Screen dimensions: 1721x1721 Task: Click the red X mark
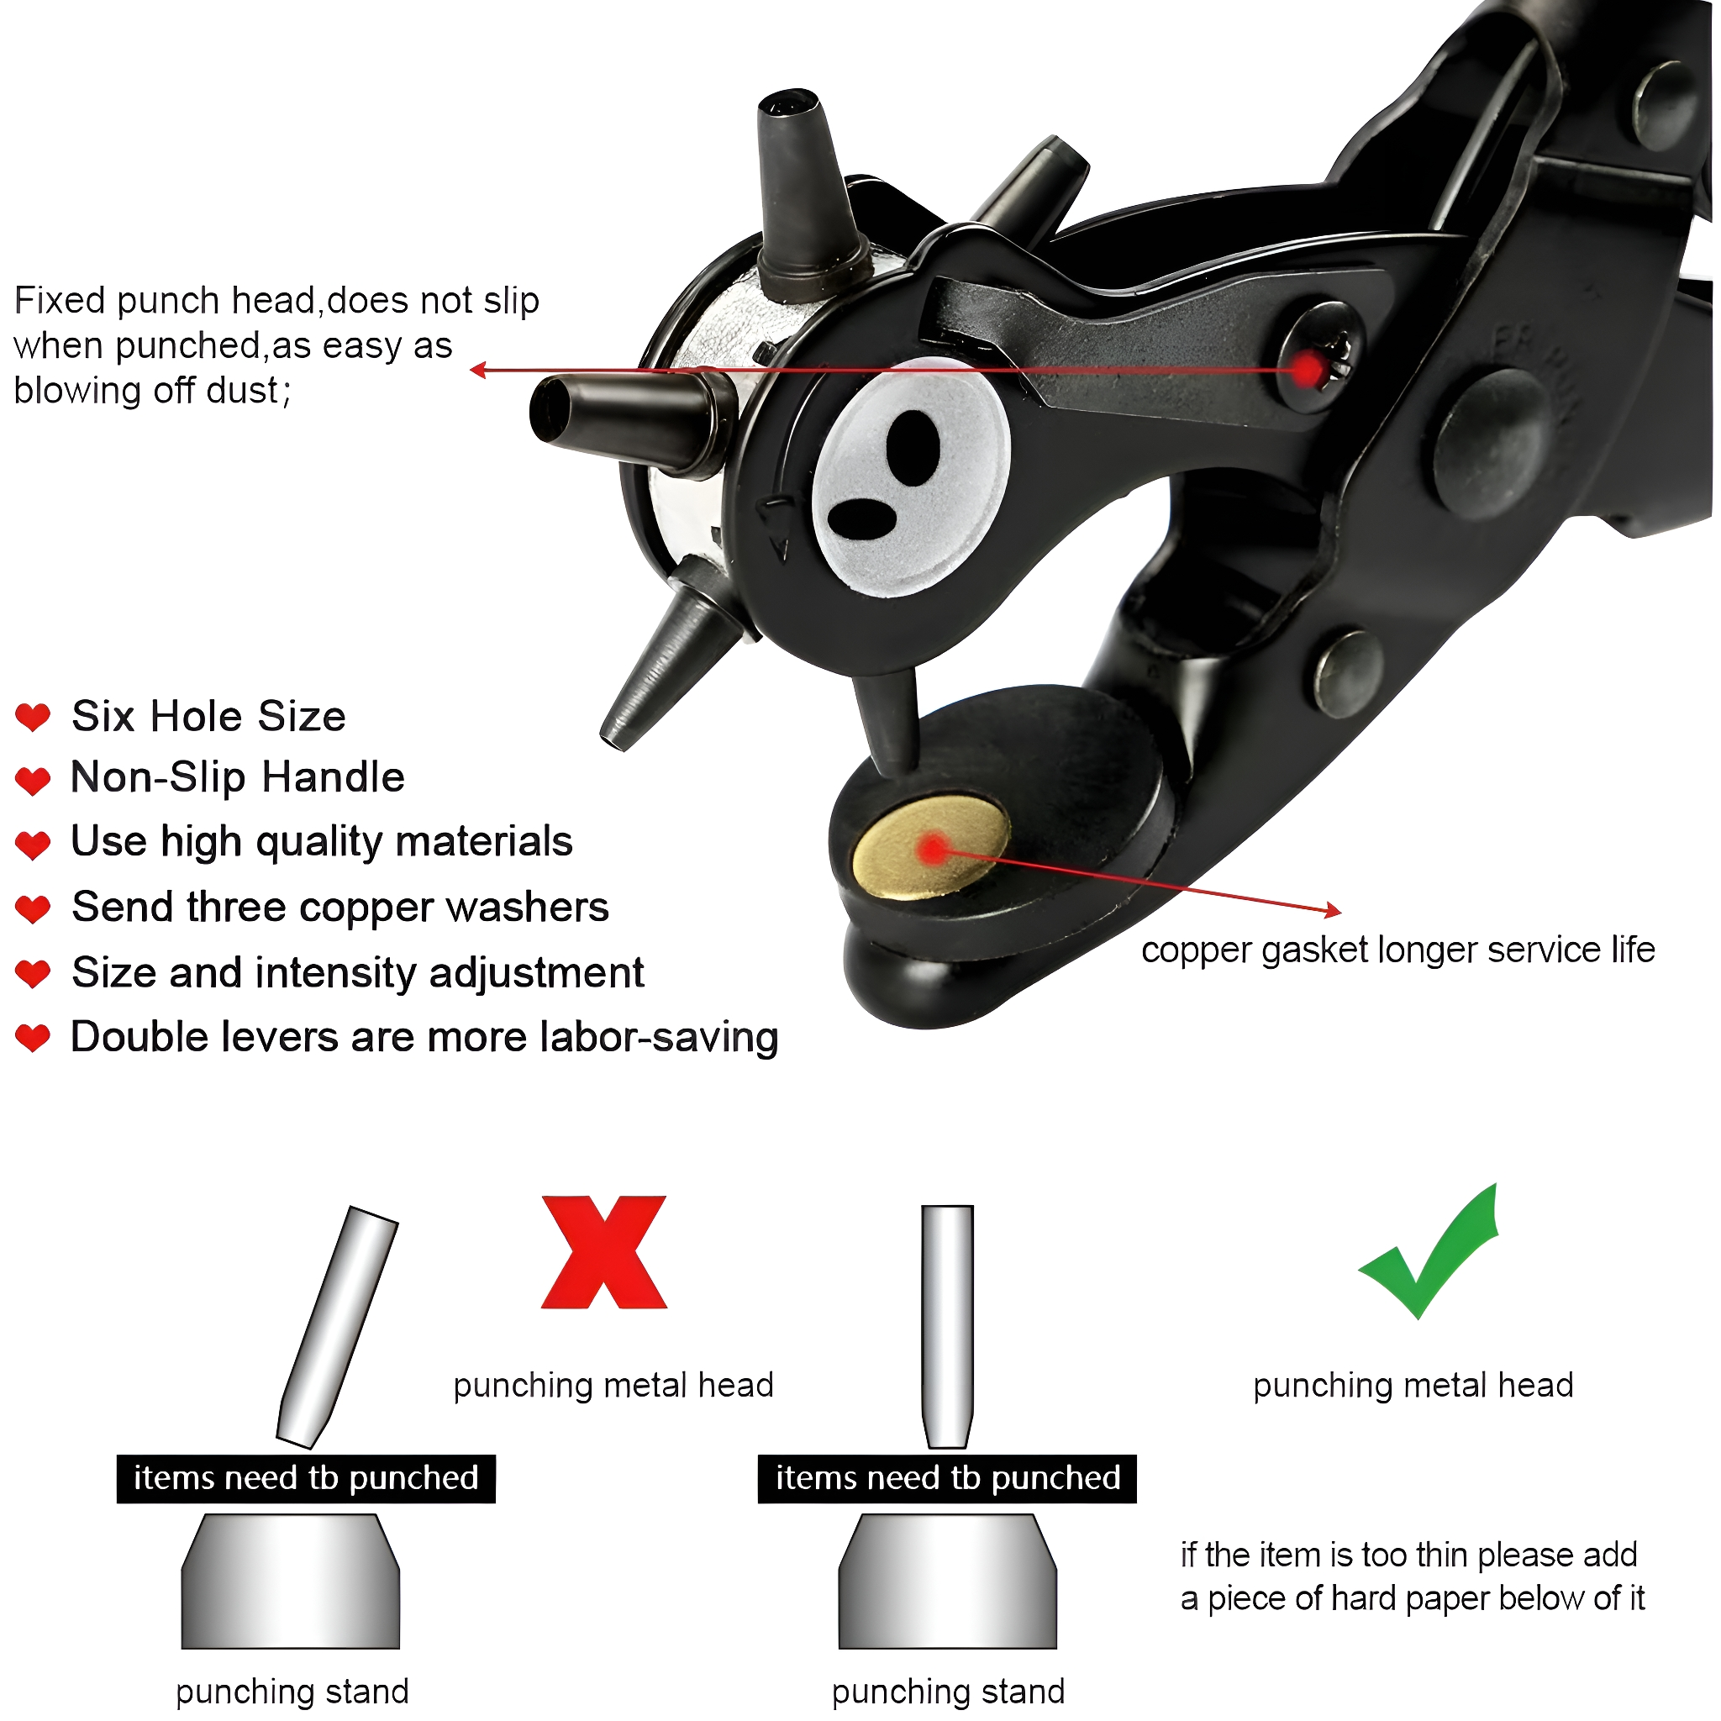pyautogui.click(x=604, y=1251)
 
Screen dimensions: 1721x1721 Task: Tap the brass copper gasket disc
pyautogui.click(x=931, y=849)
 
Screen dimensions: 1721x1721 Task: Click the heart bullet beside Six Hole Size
pyautogui.click(x=33, y=717)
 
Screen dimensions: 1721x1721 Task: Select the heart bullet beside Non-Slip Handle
pyautogui.click(x=33, y=781)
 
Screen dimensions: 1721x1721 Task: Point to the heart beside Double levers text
pyautogui.click(x=33, y=1038)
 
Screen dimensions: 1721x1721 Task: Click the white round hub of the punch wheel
pyautogui.click(x=911, y=477)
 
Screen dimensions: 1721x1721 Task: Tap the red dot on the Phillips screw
pyautogui.click(x=1308, y=370)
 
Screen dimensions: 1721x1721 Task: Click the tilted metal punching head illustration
pyautogui.click(x=337, y=1326)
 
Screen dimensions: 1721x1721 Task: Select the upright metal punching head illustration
pyautogui.click(x=947, y=1326)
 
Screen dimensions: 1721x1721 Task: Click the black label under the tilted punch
pyautogui.click(x=306, y=1479)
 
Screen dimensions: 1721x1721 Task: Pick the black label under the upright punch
pyautogui.click(x=947, y=1479)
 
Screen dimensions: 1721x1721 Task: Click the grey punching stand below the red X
pyautogui.click(x=291, y=1582)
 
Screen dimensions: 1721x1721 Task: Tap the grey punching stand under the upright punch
pyautogui.click(x=947, y=1582)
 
